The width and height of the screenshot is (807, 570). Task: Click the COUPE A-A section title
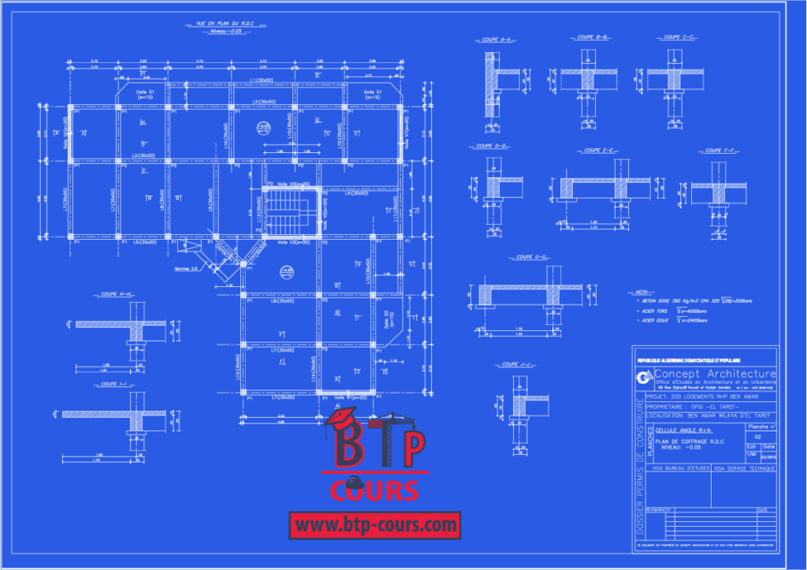coord(496,38)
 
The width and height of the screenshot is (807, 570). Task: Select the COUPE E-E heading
coord(596,150)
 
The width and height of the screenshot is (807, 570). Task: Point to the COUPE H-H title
coord(116,294)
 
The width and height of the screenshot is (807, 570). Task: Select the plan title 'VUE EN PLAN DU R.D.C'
coord(223,24)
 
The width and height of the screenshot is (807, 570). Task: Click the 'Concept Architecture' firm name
coord(715,373)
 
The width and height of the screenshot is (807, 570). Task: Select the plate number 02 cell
coord(759,435)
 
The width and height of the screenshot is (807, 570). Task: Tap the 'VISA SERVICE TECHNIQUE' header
coord(745,468)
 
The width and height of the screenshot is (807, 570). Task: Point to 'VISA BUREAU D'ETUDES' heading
coord(680,468)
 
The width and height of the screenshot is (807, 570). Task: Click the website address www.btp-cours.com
coord(374,523)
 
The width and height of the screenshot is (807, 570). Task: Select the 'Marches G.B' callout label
coord(188,269)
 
